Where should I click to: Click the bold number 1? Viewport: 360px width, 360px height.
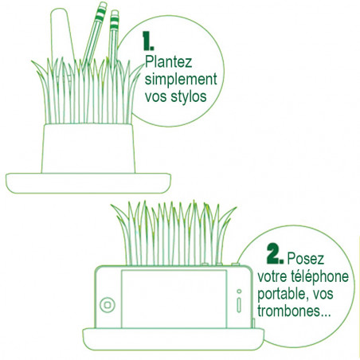[148, 41]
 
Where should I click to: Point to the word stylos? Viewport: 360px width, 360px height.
[188, 96]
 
